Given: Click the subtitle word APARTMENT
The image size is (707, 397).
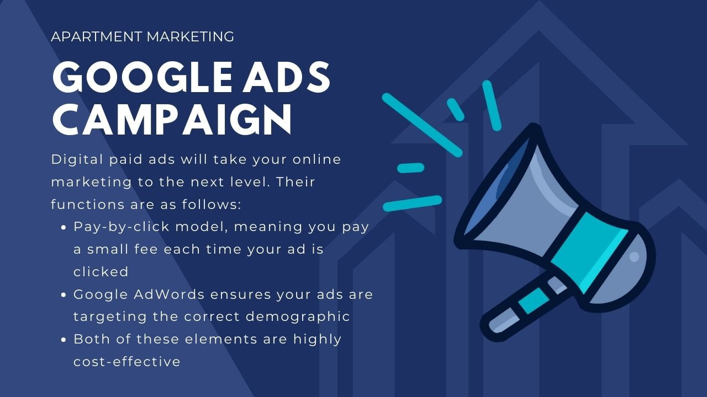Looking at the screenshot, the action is point(97,36).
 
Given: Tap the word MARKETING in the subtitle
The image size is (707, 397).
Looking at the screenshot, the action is point(191,36).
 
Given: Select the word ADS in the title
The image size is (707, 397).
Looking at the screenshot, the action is point(286,77).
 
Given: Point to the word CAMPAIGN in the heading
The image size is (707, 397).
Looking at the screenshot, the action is point(172,119).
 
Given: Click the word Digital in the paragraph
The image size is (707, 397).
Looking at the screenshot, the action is point(77,159).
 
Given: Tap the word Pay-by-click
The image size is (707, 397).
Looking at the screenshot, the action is point(122,227).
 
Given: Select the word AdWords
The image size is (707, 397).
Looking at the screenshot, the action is point(169,294).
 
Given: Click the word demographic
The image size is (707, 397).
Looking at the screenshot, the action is point(298,316).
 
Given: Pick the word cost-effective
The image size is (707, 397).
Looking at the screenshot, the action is point(127,362).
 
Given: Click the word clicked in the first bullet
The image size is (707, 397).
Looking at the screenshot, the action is point(101,272).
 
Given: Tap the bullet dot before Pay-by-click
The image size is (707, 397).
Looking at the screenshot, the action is point(64,228).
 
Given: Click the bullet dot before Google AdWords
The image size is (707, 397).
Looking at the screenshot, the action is point(64,295).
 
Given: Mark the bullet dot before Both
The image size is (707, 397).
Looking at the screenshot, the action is point(64,340).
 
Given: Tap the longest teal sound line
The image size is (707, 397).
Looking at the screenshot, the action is point(422,125).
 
